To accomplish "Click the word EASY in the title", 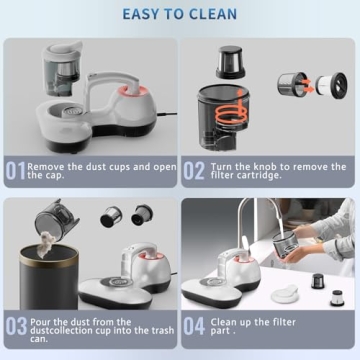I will pyautogui.click(x=143, y=14).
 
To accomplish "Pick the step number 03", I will pyautogui.click(x=15, y=326).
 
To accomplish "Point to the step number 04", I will pyautogui.click(x=195, y=326).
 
